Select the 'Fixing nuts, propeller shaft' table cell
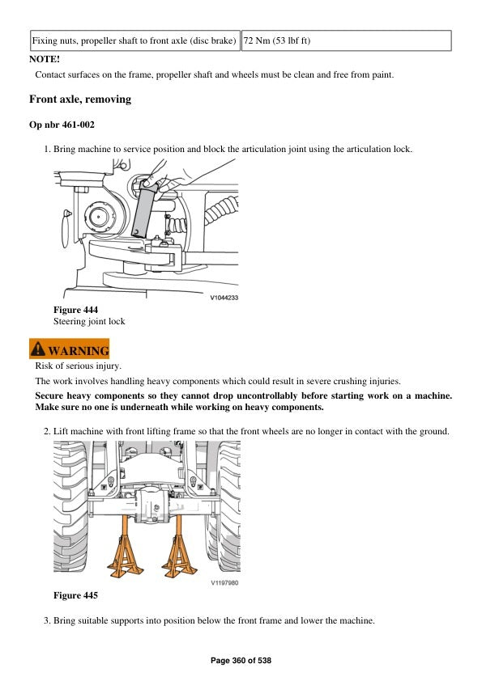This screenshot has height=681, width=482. click(x=134, y=40)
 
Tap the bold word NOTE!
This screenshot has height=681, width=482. click(x=45, y=59)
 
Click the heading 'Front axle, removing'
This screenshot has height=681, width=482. click(x=79, y=99)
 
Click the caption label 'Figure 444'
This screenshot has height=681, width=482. click(x=75, y=310)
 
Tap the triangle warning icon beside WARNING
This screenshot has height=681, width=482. click(x=38, y=350)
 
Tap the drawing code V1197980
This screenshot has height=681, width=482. click(x=224, y=582)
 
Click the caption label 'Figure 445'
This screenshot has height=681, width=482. click(x=75, y=596)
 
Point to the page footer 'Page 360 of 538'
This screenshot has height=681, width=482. click(x=241, y=661)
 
